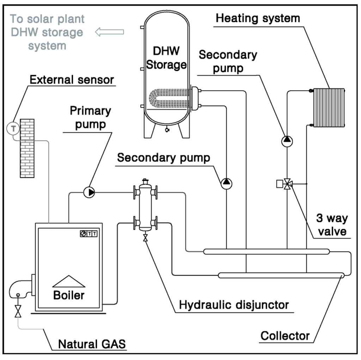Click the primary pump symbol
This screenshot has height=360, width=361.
click(x=89, y=192)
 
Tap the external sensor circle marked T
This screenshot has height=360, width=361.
click(x=13, y=129)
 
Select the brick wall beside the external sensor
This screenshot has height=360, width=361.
click(x=27, y=148)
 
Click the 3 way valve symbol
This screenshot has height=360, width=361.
click(x=288, y=184)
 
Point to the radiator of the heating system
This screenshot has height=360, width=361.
click(x=329, y=107)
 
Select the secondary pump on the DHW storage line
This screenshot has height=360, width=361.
click(x=226, y=182)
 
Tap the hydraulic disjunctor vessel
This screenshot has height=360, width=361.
click(x=145, y=207)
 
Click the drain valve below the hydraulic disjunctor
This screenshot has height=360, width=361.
click(x=145, y=238)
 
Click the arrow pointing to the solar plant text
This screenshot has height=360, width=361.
click(x=110, y=32)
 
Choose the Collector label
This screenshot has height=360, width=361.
click(x=285, y=336)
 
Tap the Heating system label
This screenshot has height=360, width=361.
click(x=258, y=18)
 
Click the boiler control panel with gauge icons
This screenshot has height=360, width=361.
click(x=88, y=234)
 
